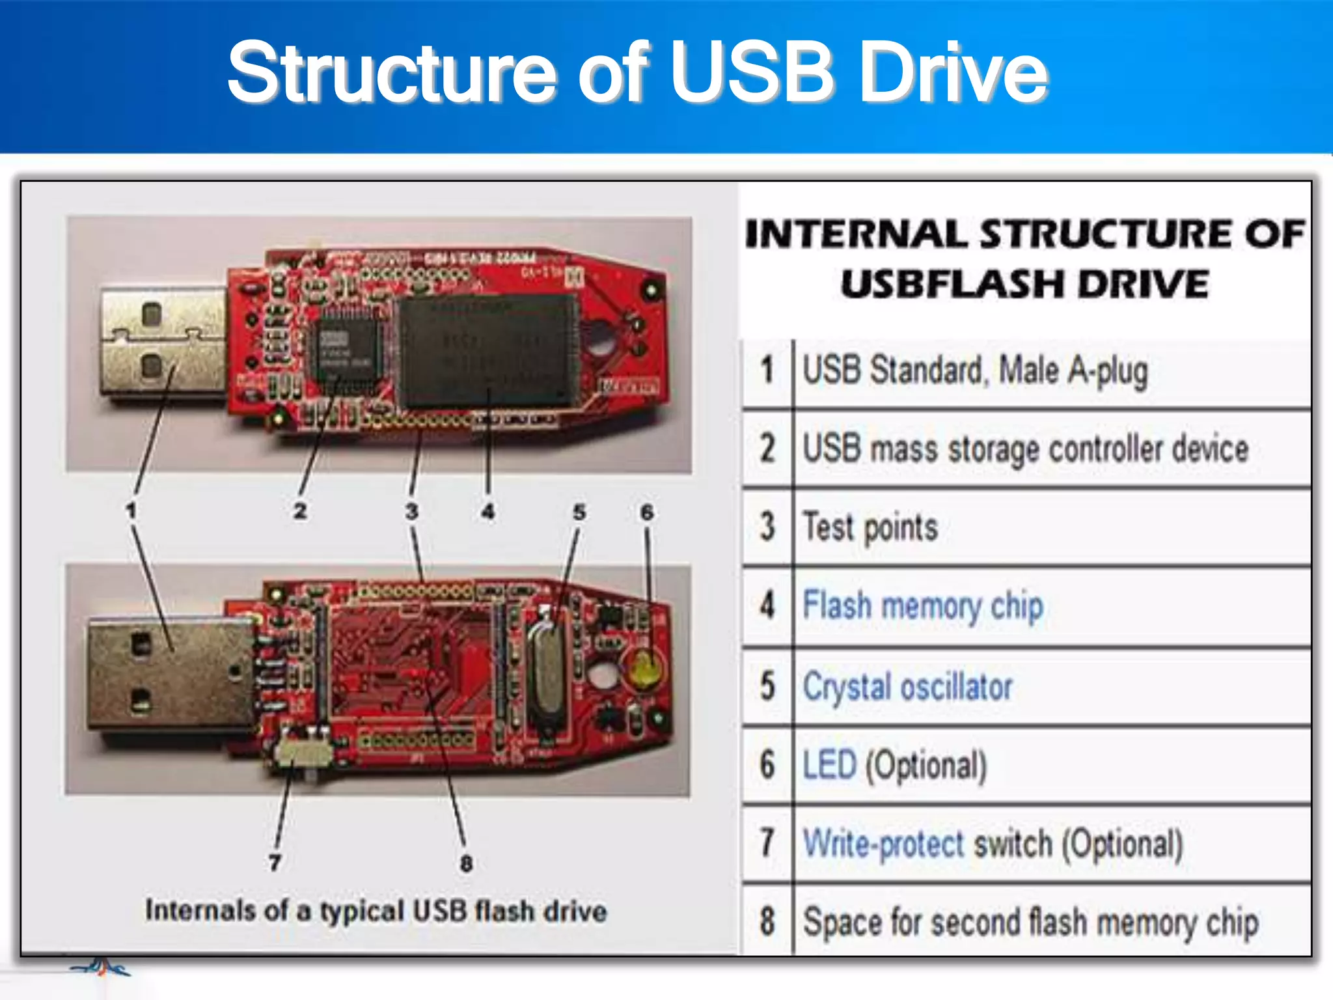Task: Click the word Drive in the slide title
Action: pyautogui.click(x=954, y=73)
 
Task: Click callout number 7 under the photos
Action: pyautogui.click(x=275, y=863)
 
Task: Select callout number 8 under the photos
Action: pyautogui.click(x=466, y=864)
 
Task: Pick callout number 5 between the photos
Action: pyautogui.click(x=579, y=512)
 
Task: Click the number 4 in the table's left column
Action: pyautogui.click(x=767, y=605)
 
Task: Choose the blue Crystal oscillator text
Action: pyautogui.click(x=907, y=687)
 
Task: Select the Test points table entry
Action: pyautogui.click(x=870, y=527)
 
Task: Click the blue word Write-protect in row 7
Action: pyautogui.click(x=883, y=844)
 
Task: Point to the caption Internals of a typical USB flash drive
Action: pyautogui.click(x=376, y=911)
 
